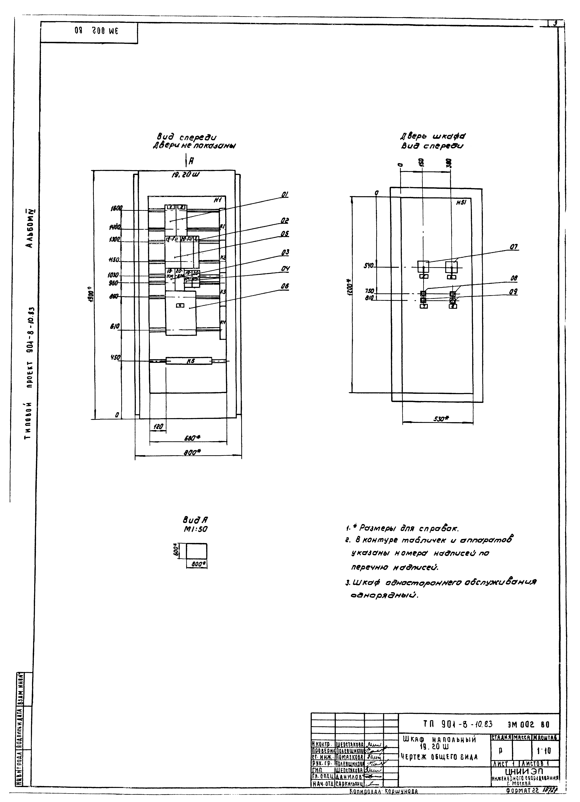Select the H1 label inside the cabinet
coord(218,200)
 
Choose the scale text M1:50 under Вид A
coord(194,529)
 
